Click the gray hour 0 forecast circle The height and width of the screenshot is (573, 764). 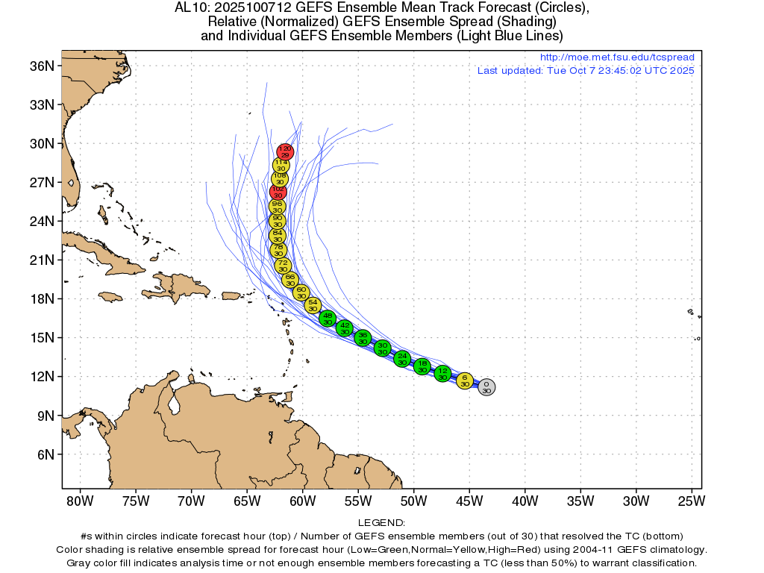pos(486,387)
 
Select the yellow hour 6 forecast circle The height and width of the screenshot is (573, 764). pos(465,381)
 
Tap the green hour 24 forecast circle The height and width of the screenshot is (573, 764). pos(402,359)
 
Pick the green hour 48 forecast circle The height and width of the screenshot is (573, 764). pos(328,319)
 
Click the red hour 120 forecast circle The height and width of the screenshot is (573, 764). pos(285,152)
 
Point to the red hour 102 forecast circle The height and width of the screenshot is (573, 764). pos(278,192)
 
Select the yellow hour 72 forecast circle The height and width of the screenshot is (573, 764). pos(283,266)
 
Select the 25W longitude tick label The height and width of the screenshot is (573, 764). pos(691,500)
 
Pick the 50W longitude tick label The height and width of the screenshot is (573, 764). pos(413,500)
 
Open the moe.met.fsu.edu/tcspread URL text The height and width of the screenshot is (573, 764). pos(616,57)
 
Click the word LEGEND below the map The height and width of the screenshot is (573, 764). pos(381,523)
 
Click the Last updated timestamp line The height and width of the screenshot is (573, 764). pos(586,71)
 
